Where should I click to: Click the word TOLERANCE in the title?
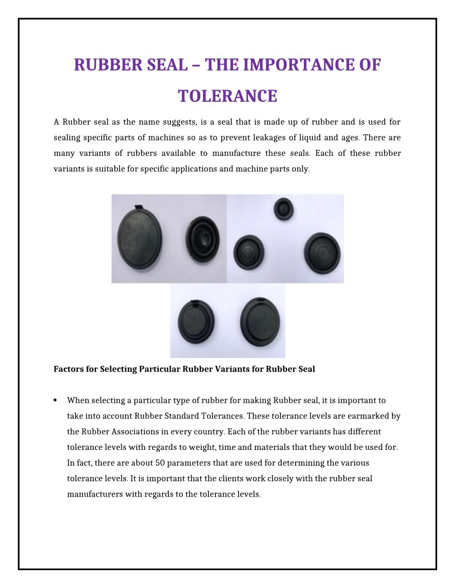[227, 96]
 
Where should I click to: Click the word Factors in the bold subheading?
[68, 369]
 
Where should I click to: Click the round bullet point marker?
[56, 400]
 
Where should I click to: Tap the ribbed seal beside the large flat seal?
[202, 241]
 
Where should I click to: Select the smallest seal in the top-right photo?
[284, 209]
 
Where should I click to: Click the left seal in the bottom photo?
[196, 322]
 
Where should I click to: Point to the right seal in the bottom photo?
[260, 321]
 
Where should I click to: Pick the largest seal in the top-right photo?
[322, 253]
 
